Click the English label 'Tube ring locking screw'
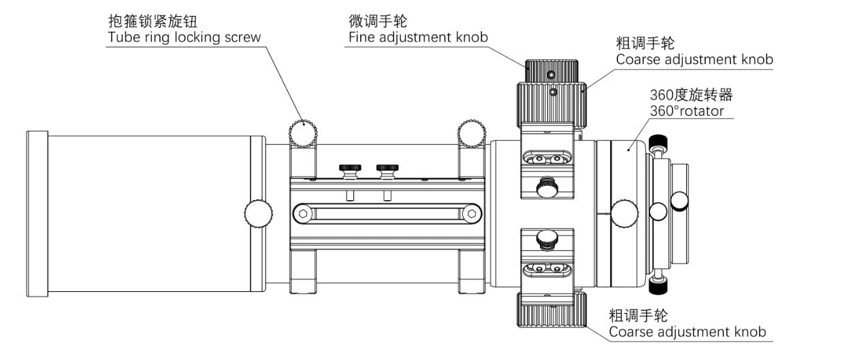(184, 37)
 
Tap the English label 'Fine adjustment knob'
(418, 37)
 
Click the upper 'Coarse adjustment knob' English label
(694, 59)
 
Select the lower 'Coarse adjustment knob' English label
(688, 332)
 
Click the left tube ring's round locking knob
(303, 131)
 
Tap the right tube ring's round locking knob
(471, 131)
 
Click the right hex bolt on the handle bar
(470, 214)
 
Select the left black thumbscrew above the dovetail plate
(350, 168)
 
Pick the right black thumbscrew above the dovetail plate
(388, 168)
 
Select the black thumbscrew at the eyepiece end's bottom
(658, 286)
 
